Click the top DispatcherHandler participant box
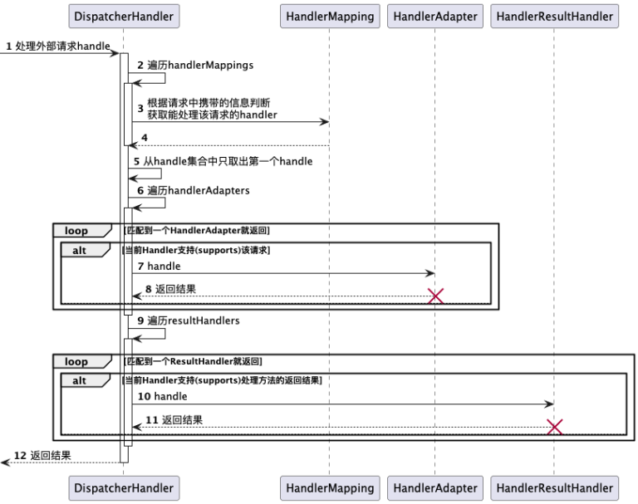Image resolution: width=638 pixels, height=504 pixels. pyautogui.click(x=124, y=16)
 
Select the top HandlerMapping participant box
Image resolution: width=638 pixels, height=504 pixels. pyautogui.click(x=329, y=16)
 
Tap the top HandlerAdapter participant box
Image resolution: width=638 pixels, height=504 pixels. pyautogui.click(x=434, y=16)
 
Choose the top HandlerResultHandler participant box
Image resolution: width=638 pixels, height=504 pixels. pyautogui.click(x=554, y=16)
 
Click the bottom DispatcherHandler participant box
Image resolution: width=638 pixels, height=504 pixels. pyautogui.click(x=124, y=488)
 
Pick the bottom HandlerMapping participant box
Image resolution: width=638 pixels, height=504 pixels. pyautogui.click(x=329, y=488)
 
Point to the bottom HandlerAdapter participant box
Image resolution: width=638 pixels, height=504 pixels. pyautogui.click(x=434, y=488)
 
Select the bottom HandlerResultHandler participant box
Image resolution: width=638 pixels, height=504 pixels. pyautogui.click(x=554, y=488)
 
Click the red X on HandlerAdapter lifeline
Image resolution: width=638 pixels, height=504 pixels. pyautogui.click(x=434, y=296)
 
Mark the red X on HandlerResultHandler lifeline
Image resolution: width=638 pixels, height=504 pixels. pyautogui.click(x=554, y=427)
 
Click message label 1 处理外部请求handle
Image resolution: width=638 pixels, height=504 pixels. pyautogui.click(x=58, y=46)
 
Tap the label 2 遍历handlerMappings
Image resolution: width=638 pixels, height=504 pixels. pyautogui.click(x=195, y=65)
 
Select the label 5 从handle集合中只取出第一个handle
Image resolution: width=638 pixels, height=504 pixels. pyautogui.click(x=223, y=161)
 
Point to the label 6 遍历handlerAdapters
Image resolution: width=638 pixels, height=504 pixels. pyautogui.click(x=193, y=190)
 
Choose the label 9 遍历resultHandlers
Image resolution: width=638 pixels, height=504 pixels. pyautogui.click(x=189, y=321)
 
